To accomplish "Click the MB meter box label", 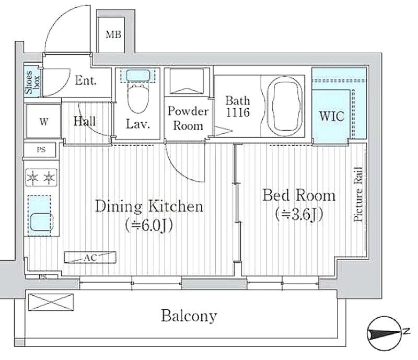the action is (x=113, y=34).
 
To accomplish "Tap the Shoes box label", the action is (x=32, y=82).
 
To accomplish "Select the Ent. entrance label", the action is (x=86, y=80).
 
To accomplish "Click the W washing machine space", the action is (x=44, y=122).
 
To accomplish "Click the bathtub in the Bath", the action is (x=285, y=106).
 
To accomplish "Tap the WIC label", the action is (x=332, y=117).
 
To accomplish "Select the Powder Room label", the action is (x=188, y=119).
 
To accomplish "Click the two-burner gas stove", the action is (x=42, y=177).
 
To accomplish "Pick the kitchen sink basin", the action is (x=41, y=222).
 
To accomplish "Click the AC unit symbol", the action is (x=90, y=258).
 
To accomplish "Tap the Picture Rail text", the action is (x=358, y=194).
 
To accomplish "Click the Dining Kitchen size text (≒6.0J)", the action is (x=149, y=225).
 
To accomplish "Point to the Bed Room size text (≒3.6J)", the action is (x=299, y=214).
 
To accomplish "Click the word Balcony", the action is (x=189, y=316).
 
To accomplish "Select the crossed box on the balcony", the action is (x=51, y=302).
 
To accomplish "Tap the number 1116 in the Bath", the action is (x=238, y=112).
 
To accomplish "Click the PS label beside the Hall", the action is (x=41, y=150).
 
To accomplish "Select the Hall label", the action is (x=85, y=121).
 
